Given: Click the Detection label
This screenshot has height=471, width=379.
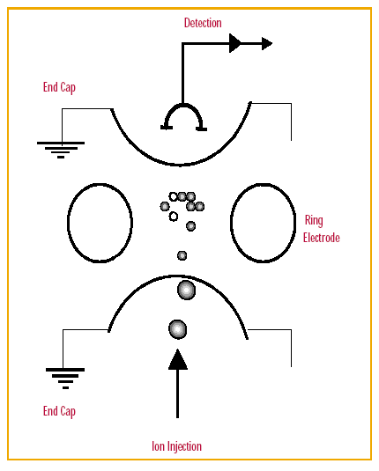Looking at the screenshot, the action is tap(203, 23).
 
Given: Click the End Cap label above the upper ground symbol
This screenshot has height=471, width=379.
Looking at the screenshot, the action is tap(59, 87).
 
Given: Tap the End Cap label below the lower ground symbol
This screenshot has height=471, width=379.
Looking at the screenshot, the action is tap(59, 411).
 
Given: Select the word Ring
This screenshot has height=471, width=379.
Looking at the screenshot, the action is tap(314, 220).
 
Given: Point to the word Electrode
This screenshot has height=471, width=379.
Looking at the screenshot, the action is tap(321, 238).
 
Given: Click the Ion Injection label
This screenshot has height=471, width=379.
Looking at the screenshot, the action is tap(176, 446).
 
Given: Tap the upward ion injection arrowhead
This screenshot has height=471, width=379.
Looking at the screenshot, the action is tap(178, 359).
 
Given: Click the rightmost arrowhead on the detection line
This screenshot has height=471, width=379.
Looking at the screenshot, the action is tap(267, 43).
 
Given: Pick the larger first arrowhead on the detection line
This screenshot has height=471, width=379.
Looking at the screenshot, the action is tap(235, 43).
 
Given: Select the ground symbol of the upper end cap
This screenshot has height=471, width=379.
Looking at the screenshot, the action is tap(61, 150).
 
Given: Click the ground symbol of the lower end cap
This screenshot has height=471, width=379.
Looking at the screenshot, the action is tap(65, 378).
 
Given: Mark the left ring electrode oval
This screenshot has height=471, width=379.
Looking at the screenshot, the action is tap(67, 223).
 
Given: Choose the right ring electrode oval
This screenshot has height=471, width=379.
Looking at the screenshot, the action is tap(231, 223).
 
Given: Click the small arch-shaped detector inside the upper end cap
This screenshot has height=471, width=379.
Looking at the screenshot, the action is tap(182, 105).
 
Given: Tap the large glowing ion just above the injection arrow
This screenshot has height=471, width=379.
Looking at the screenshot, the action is tap(178, 329).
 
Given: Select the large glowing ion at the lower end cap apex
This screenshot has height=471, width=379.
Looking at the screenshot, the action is tap(187, 291).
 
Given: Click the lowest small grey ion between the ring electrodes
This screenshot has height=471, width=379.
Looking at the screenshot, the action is tap(182, 255).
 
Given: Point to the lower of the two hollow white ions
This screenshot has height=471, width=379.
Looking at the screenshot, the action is tap(173, 217).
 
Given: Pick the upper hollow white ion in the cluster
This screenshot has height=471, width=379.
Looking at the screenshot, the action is tap(173, 196).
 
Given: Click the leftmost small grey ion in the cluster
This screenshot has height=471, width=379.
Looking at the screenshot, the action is tap(165, 206).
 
